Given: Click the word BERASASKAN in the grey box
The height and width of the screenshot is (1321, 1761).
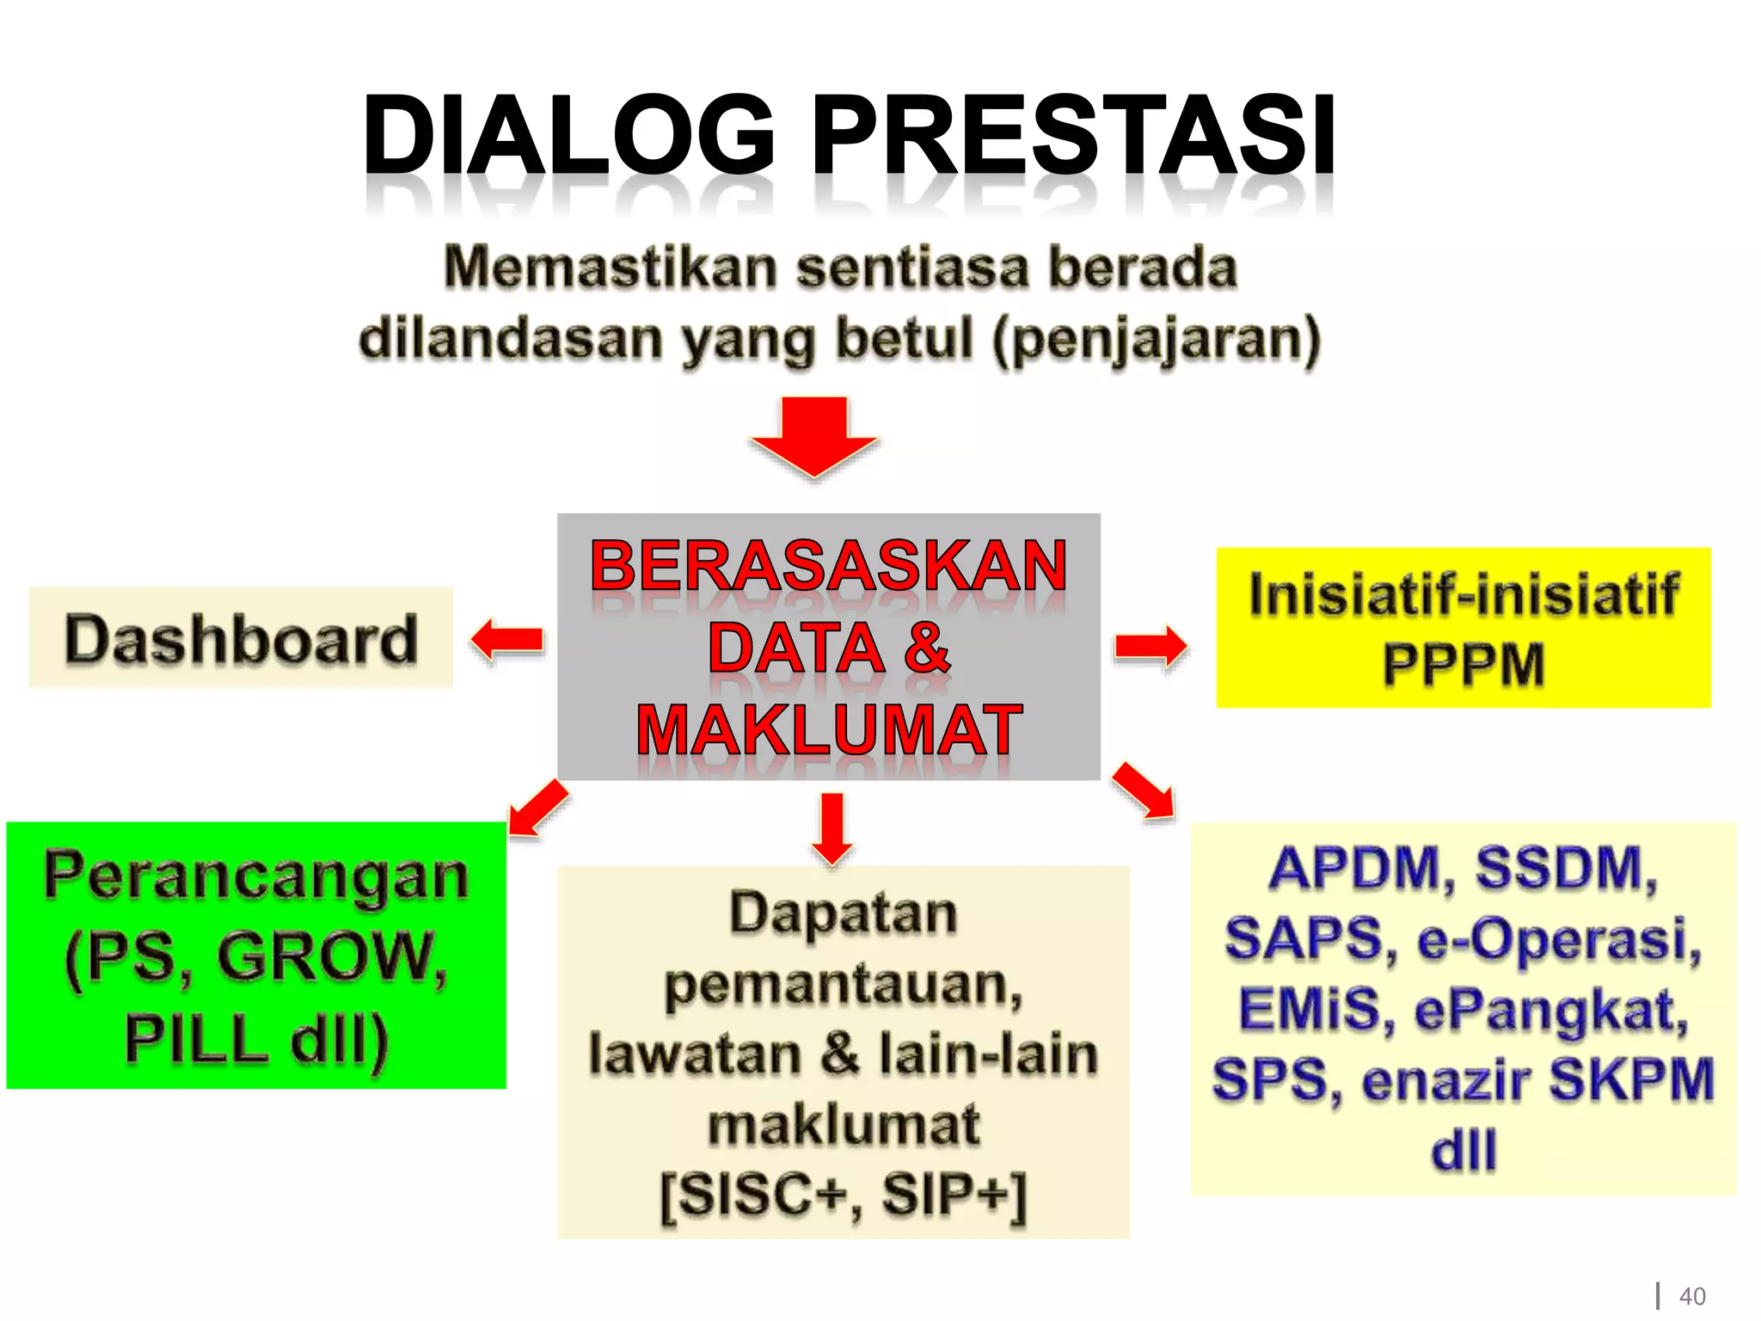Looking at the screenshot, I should pos(828,565).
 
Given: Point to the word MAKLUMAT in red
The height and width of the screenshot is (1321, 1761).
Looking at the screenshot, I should pos(828,730).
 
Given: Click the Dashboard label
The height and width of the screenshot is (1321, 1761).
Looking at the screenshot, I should pos(241,639).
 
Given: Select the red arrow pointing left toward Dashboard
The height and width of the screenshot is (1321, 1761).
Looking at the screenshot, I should pos(507,640).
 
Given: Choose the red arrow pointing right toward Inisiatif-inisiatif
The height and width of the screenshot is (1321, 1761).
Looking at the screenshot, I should pos(1150,646).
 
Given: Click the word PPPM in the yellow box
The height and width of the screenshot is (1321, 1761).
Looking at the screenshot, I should pos(1463,665).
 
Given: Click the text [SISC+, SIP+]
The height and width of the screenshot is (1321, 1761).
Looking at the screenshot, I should pos(844,1195).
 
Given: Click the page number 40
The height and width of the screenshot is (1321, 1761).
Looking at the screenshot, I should pos(1691,1296).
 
